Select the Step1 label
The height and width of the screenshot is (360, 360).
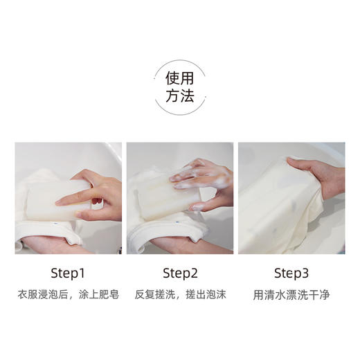click(68, 272)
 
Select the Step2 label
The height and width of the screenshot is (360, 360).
click(179, 272)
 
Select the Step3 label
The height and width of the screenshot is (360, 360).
click(291, 272)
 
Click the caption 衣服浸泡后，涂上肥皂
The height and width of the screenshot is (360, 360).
click(68, 295)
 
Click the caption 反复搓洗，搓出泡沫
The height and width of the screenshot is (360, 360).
click(179, 295)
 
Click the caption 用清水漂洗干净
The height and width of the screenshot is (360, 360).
click(291, 295)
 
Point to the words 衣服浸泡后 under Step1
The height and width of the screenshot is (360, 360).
click(40, 295)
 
